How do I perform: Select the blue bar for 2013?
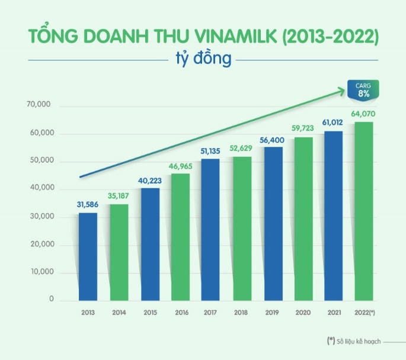(88, 256)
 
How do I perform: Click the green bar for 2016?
(180, 237)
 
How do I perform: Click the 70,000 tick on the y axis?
(40, 105)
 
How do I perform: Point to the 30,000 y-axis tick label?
(40, 217)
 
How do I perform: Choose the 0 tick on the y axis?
(51, 300)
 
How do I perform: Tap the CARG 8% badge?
(363, 89)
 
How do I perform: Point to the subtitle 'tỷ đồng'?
(203, 59)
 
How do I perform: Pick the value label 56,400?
(273, 140)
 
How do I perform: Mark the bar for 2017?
(211, 230)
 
